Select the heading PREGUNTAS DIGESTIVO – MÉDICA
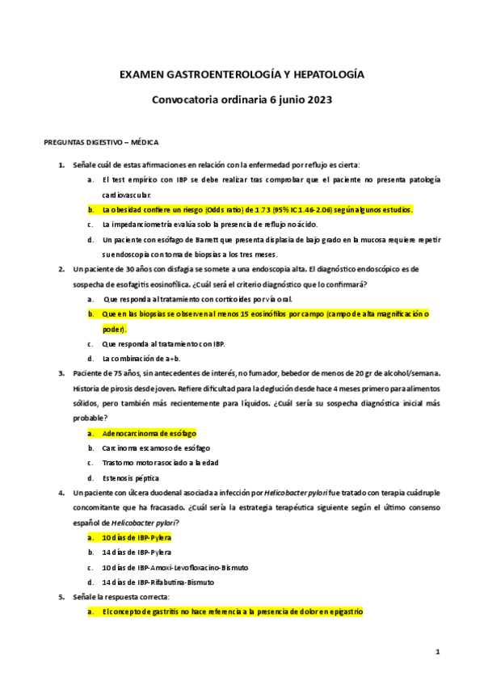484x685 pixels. coord(101,141)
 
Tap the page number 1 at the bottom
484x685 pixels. coord(436,650)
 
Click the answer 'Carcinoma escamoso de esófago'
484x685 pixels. coord(156,448)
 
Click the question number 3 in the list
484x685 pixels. coord(61,372)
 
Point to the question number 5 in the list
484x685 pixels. coord(61,597)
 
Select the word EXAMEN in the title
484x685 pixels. coord(141,74)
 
